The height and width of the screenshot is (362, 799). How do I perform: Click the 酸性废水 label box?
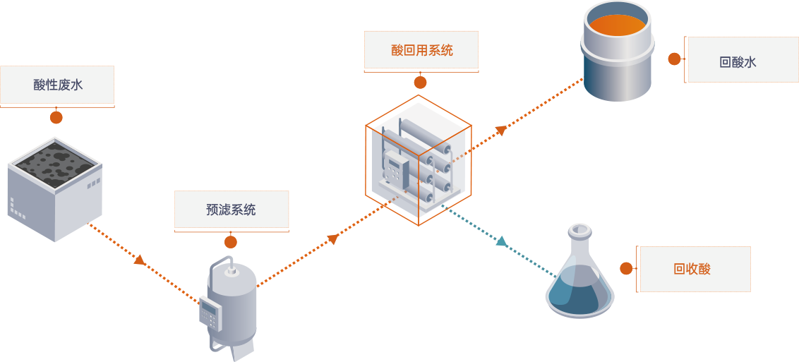click(x=57, y=85)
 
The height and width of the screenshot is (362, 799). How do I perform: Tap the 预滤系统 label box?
click(x=232, y=210)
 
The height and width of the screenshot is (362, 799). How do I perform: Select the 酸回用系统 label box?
click(x=421, y=51)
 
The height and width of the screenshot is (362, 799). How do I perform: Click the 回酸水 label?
click(x=738, y=61)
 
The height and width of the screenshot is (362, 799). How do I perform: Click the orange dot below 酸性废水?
click(x=56, y=118)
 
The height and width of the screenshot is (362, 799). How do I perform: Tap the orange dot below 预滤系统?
click(x=231, y=242)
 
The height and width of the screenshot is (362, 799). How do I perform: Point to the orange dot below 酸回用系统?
click(x=421, y=83)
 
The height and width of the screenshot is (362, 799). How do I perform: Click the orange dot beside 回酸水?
click(x=675, y=59)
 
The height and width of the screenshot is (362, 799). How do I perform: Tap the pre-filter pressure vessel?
click(x=232, y=303)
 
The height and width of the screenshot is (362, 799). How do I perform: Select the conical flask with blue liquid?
click(x=580, y=282)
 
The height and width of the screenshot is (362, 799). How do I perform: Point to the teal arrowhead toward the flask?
click(x=501, y=241)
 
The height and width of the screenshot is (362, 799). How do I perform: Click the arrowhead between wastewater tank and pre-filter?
click(x=140, y=260)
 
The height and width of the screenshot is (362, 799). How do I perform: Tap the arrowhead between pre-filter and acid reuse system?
click(x=333, y=239)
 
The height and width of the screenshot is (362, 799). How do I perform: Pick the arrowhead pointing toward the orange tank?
click(x=501, y=130)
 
